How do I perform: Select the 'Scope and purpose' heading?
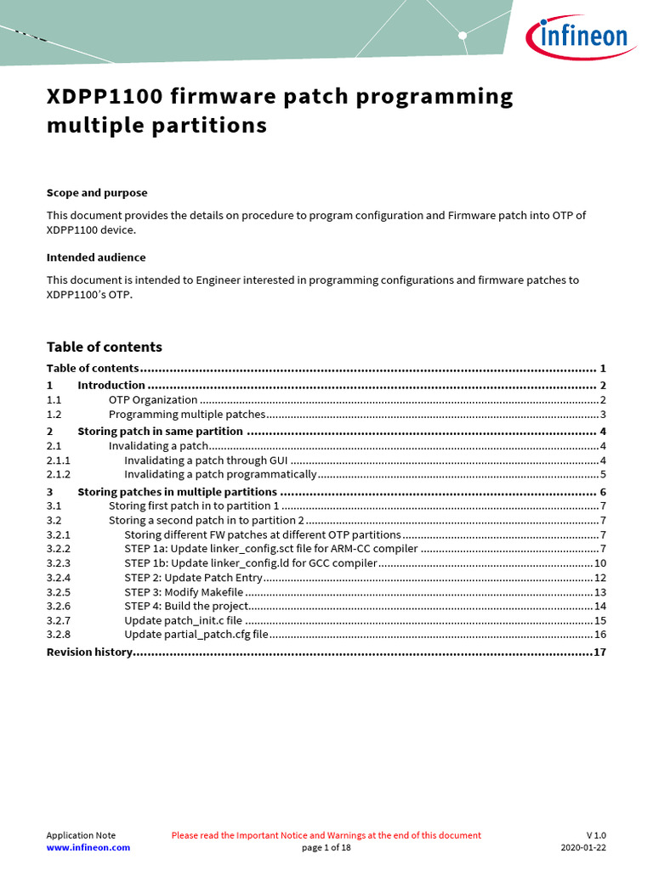point(96,193)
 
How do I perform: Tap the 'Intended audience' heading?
point(95,257)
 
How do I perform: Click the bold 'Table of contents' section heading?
point(104,347)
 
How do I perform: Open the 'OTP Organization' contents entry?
point(153,399)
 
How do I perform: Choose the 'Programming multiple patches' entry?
point(187,415)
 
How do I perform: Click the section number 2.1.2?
point(59,475)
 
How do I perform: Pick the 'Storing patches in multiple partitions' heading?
point(177,492)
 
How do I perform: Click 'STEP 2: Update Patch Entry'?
point(193,578)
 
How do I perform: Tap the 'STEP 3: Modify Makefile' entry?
point(184,592)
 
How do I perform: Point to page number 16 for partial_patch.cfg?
point(599,635)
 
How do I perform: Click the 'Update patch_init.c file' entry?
point(183,621)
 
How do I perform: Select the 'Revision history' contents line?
point(89,652)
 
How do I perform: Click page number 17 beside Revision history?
point(599,652)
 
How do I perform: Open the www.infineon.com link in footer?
point(88,848)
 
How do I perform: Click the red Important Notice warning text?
point(326,836)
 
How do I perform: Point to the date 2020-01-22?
point(583,848)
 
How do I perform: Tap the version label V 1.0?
point(595,836)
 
